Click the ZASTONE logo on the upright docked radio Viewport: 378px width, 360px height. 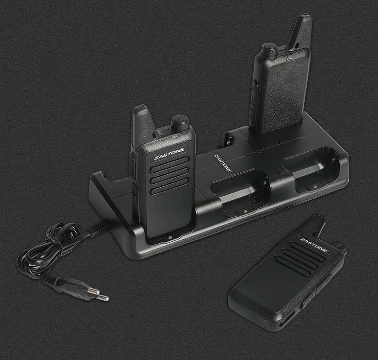click(x=169, y=154)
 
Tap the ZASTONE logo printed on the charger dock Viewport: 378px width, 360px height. click(x=223, y=163)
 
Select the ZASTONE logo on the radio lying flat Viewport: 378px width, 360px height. click(x=313, y=245)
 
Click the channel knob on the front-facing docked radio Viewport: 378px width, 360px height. click(x=180, y=123)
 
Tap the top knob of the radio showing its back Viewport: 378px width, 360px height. click(x=269, y=50)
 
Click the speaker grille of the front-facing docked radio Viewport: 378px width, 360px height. click(x=169, y=175)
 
